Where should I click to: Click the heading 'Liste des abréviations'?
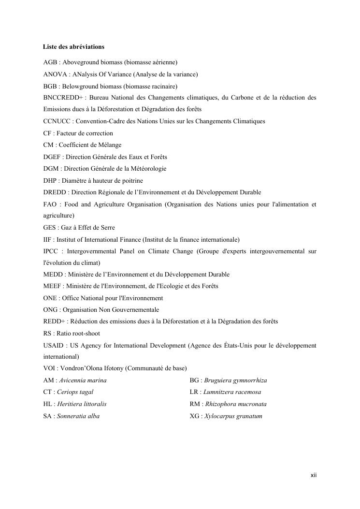(73, 47)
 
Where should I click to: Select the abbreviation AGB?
(49, 63)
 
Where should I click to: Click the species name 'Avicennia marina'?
(83, 380)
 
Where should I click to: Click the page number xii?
(313, 476)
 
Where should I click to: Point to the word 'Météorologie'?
(146, 169)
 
